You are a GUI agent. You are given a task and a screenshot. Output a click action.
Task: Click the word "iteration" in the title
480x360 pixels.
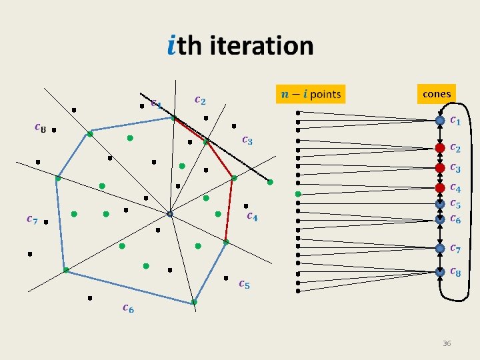pyautogui.click(x=261, y=46)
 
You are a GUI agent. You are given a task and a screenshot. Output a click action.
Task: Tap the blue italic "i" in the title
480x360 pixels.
pyautogui.click(x=172, y=46)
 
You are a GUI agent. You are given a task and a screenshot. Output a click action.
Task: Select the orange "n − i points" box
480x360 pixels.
pyautogui.click(x=310, y=94)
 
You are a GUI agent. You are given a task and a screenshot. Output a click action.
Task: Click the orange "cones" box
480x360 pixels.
pyautogui.click(x=437, y=94)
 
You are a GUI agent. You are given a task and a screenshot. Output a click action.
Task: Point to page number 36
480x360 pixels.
pyautogui.click(x=447, y=343)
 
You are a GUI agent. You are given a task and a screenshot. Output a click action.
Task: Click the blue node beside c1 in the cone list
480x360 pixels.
pyautogui.click(x=440, y=121)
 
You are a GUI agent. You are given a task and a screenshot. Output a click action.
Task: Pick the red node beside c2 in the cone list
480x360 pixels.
pyautogui.click(x=440, y=147)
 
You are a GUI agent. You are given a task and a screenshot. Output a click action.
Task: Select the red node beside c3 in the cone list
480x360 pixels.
pyautogui.click(x=440, y=167)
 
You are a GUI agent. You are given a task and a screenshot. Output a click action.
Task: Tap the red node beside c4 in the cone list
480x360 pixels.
pyautogui.click(x=440, y=188)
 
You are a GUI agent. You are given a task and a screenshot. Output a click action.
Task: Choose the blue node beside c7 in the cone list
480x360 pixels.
pyautogui.click(x=440, y=248)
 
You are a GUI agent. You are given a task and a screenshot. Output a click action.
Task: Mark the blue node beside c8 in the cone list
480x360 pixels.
pyautogui.click(x=440, y=271)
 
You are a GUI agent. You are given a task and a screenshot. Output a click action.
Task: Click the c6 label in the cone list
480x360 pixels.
pyautogui.click(x=455, y=219)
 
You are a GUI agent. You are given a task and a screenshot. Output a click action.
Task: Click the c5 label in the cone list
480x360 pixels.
pyautogui.click(x=455, y=203)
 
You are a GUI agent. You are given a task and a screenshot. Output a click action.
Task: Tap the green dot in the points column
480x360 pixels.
pyautogui.click(x=299, y=194)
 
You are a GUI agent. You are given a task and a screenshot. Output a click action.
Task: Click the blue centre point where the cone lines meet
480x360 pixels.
pyautogui.click(x=170, y=214)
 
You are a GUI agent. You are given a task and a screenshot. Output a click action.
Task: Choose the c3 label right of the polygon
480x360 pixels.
pyautogui.click(x=247, y=140)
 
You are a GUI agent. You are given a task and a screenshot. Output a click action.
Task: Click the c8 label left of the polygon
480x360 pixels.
pyautogui.click(x=40, y=128)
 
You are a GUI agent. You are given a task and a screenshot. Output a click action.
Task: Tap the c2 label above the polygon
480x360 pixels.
pyautogui.click(x=199, y=100)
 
